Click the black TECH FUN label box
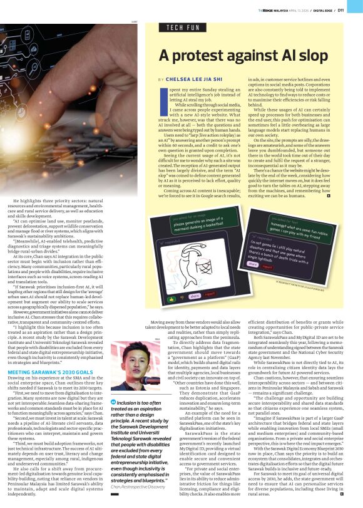(x=181, y=28)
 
